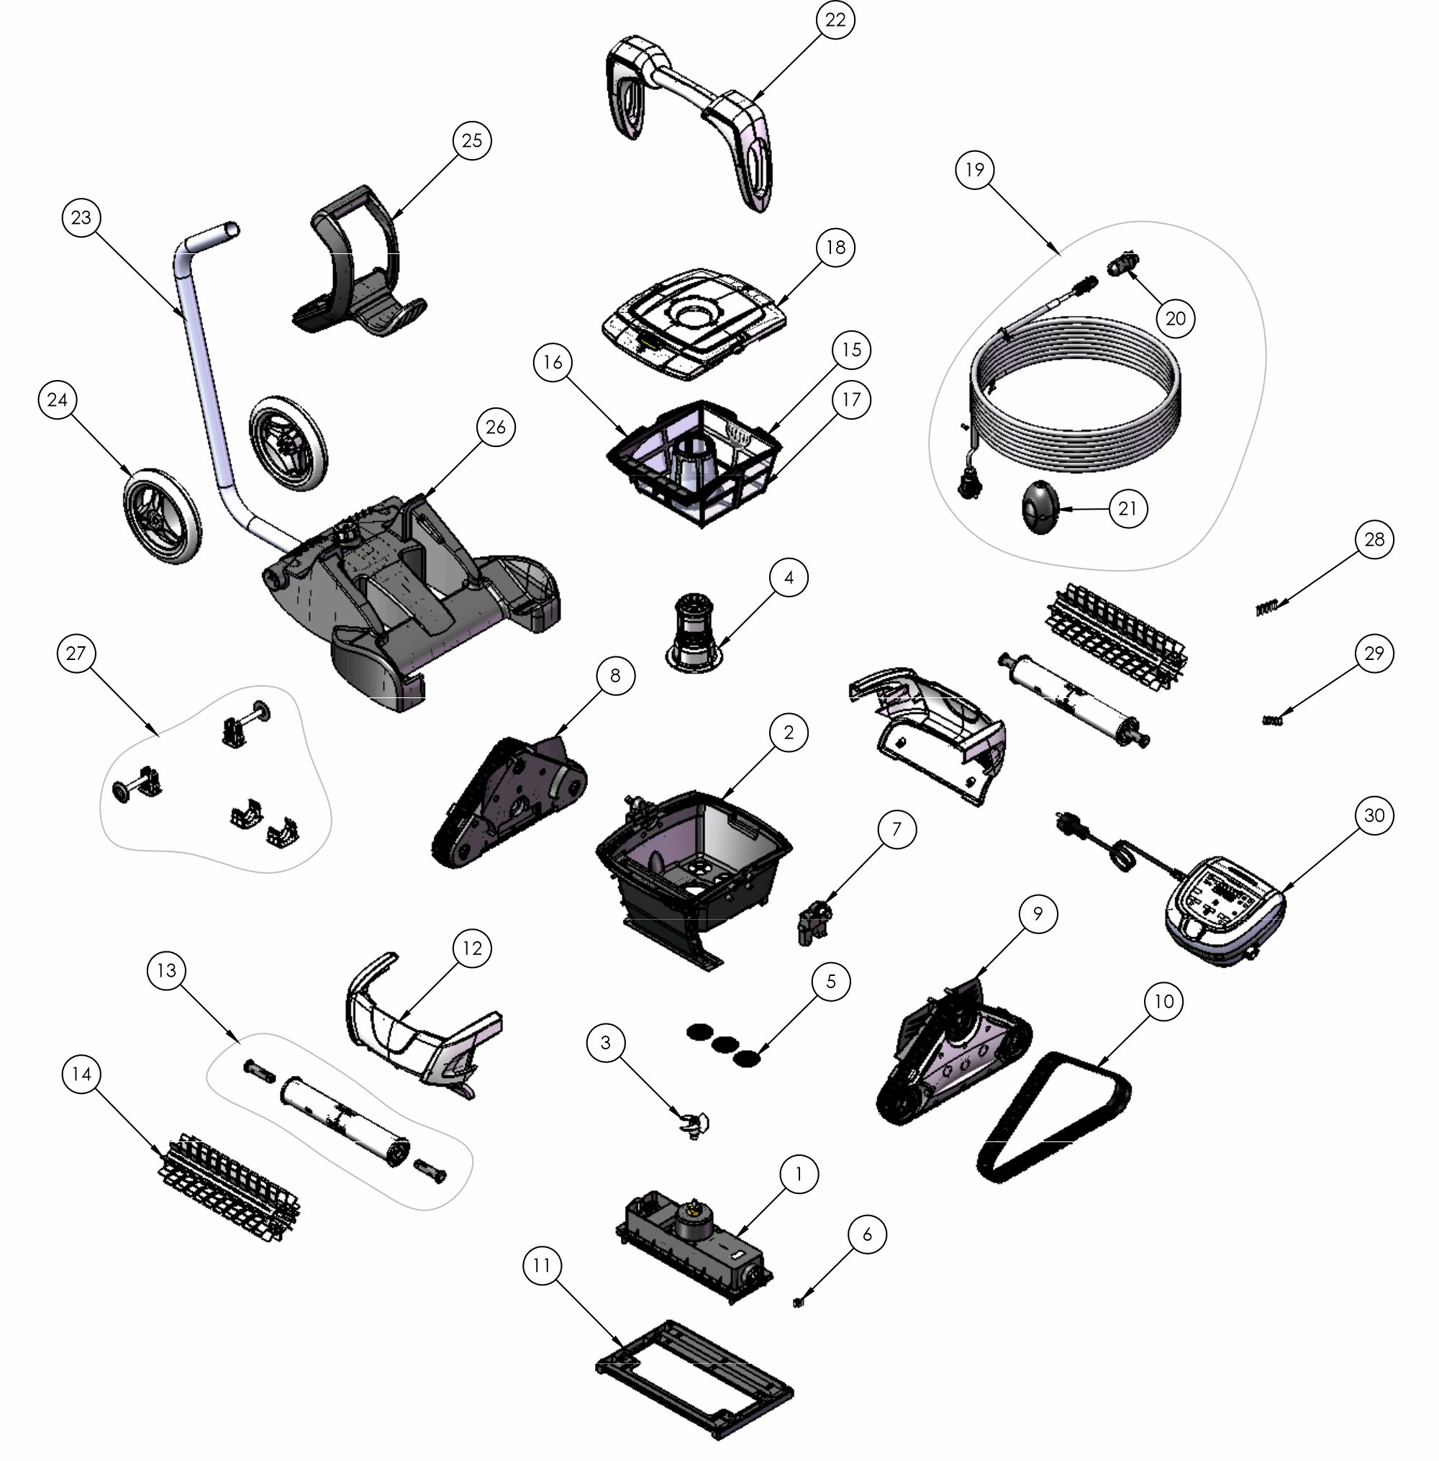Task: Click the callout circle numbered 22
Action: click(x=835, y=19)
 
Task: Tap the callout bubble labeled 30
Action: click(x=1374, y=815)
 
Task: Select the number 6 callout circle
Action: click(x=867, y=1234)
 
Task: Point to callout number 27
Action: click(x=76, y=653)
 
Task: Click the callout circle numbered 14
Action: click(x=81, y=1074)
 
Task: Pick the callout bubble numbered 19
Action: click(x=975, y=169)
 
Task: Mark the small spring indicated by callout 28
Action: click(x=1267, y=607)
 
